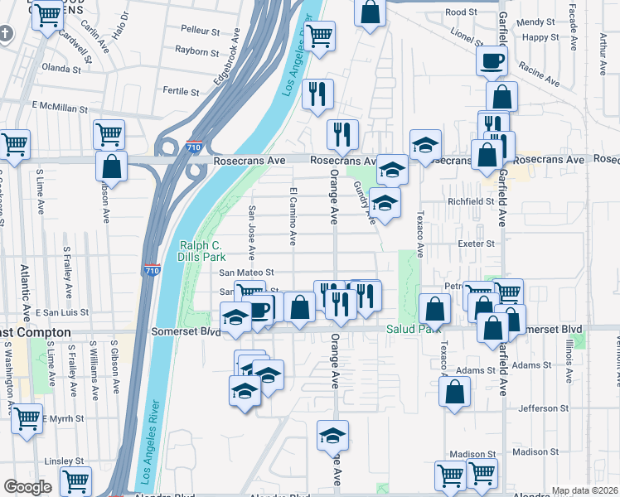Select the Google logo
click(27, 487)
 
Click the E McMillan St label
click(60, 108)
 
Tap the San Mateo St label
click(246, 272)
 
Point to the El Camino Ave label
click(293, 215)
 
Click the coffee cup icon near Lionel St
click(492, 60)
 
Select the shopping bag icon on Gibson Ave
click(111, 166)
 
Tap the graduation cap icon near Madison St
click(332, 435)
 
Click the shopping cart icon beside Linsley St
click(75, 480)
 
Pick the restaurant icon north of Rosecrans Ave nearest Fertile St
click(317, 94)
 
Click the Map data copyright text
click(584, 490)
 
